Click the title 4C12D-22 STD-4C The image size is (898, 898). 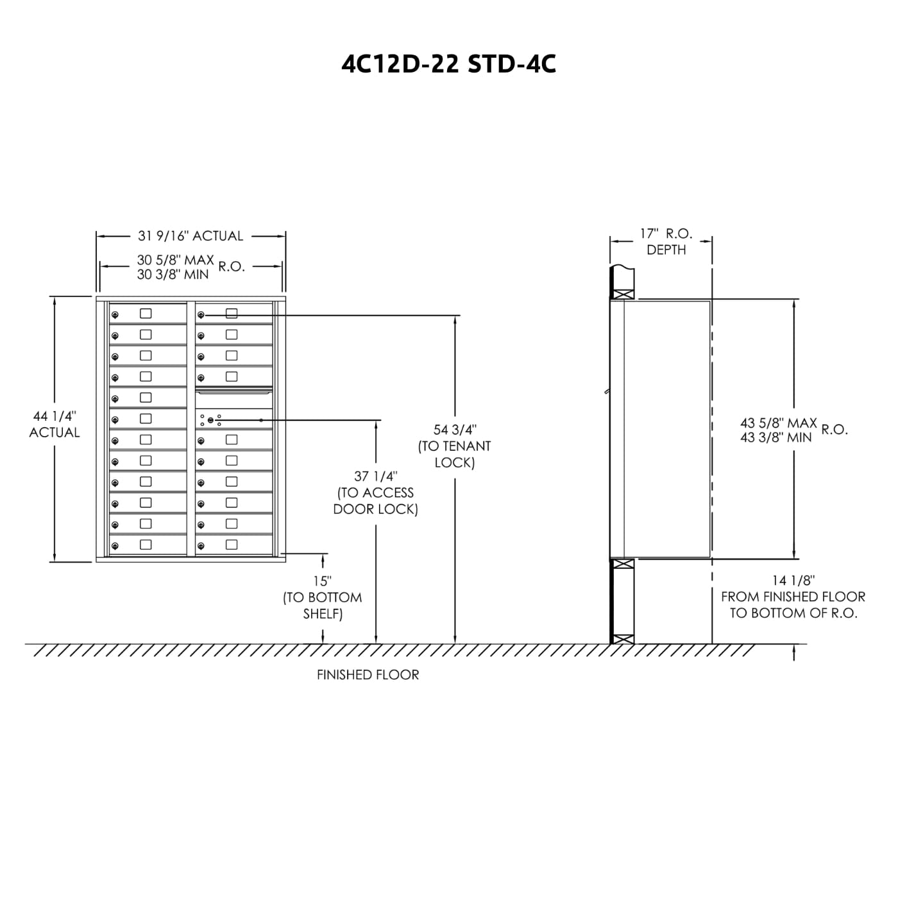[x=448, y=64]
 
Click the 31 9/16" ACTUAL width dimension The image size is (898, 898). [x=191, y=236]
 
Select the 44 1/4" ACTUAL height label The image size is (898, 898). [x=55, y=425]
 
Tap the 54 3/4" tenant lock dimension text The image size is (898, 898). [x=455, y=430]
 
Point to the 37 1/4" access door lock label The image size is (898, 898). [x=376, y=477]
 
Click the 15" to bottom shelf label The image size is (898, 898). [x=321, y=581]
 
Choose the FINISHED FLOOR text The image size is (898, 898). [x=368, y=675]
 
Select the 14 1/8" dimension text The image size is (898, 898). [x=793, y=580]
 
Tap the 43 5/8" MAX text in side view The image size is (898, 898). [x=778, y=423]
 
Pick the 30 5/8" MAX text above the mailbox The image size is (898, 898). [x=175, y=260]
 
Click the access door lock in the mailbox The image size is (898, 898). [x=210, y=419]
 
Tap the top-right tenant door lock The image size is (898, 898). [x=201, y=315]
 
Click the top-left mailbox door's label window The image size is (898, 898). [x=146, y=314]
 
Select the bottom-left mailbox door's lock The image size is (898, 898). [x=115, y=546]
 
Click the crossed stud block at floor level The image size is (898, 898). [x=623, y=639]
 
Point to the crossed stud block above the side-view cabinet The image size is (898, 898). [x=623, y=294]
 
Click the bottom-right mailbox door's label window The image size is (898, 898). [x=232, y=545]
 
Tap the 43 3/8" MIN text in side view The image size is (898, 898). [x=775, y=437]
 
